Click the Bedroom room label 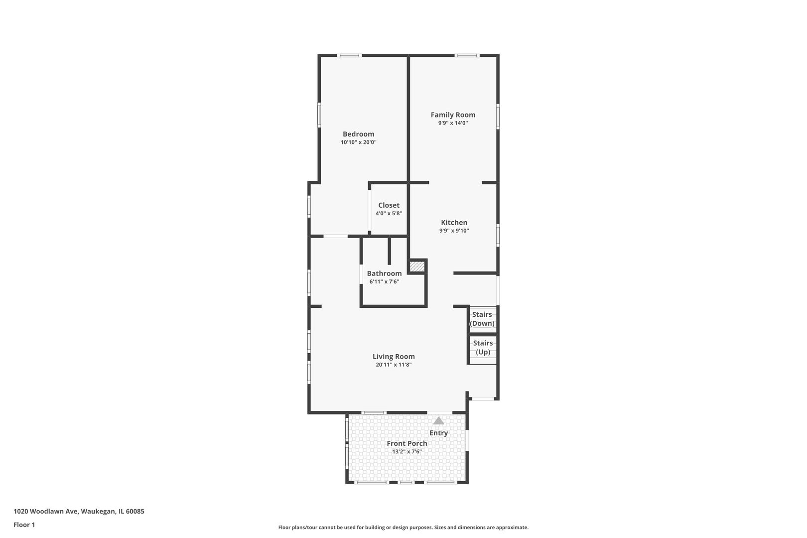(358, 134)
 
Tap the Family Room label (453, 115)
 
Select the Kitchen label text (454, 222)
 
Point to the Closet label (389, 205)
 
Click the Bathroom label (384, 273)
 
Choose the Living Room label (394, 356)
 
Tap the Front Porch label (407, 443)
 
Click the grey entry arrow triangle (438, 420)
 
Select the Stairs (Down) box (483, 319)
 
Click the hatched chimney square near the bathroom (417, 267)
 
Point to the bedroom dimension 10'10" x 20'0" (359, 142)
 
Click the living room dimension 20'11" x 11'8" (394, 365)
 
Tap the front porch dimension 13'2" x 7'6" (407, 451)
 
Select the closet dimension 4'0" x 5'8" (389, 213)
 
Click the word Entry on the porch (438, 433)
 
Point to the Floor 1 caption (24, 525)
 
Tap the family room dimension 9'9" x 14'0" (453, 123)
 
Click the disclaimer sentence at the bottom (403, 527)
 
